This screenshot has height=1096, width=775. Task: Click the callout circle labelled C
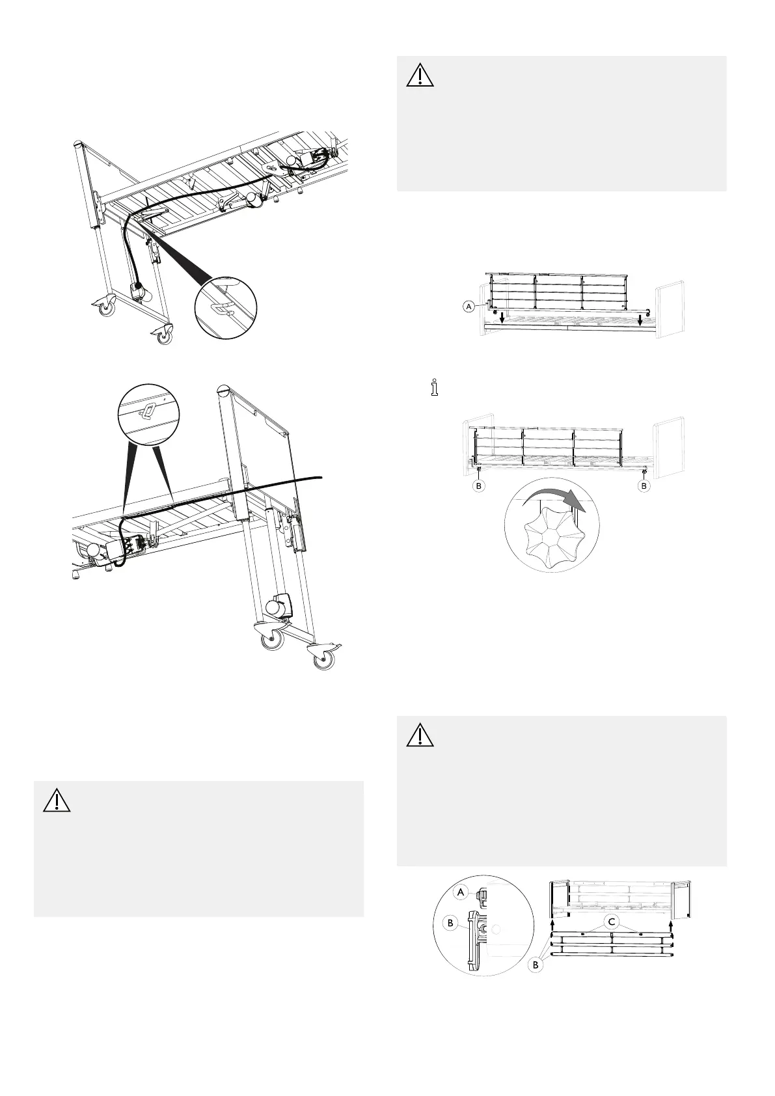(611, 921)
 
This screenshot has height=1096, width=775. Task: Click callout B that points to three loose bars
(536, 965)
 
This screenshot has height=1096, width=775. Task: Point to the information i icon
(435, 387)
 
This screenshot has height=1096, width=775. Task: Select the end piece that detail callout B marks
(472, 937)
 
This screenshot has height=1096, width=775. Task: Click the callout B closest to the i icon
(478, 486)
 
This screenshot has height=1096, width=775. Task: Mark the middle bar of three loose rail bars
(612, 944)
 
